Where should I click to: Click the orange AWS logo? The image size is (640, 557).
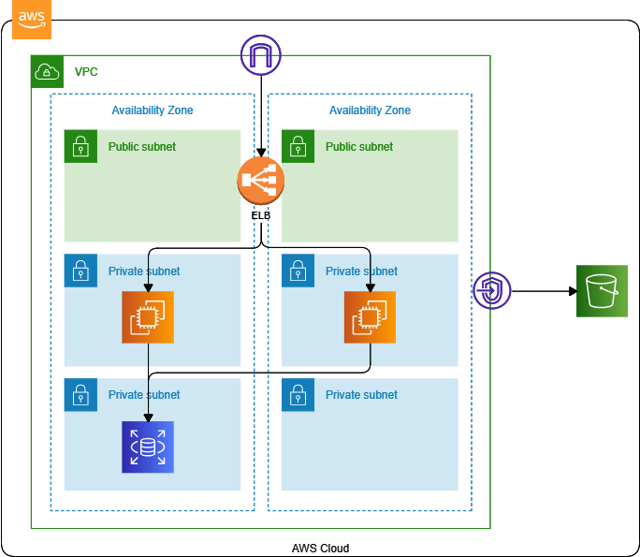point(32,20)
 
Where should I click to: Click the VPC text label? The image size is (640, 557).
point(86,72)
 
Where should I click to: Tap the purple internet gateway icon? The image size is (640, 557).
point(261,55)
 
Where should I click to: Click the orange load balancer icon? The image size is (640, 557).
point(260,181)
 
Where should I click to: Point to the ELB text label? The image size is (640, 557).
point(260,215)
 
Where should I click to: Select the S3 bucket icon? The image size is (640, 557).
point(602,290)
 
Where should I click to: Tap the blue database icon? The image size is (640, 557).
point(148,447)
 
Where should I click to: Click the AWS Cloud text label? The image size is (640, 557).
point(320,548)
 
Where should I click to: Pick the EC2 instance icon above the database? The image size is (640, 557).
point(148,317)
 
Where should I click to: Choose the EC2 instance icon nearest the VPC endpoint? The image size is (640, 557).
point(370,317)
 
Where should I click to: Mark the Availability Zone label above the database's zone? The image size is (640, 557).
point(153,110)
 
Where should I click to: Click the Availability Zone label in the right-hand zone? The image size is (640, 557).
point(370,110)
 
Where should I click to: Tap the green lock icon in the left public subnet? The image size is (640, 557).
point(80,146)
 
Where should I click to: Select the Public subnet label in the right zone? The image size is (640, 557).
point(359,147)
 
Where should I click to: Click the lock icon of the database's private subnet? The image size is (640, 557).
point(80,395)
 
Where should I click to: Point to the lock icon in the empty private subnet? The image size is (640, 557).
point(298,395)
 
